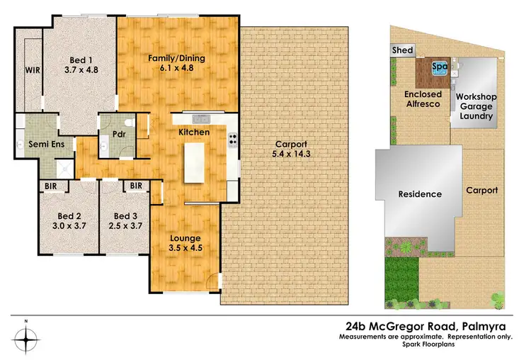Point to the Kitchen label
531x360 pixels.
(193, 133)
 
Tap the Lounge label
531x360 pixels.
(185, 237)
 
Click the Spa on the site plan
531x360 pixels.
(440, 67)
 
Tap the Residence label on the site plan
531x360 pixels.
(420, 194)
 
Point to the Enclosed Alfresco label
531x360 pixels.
(423, 99)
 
